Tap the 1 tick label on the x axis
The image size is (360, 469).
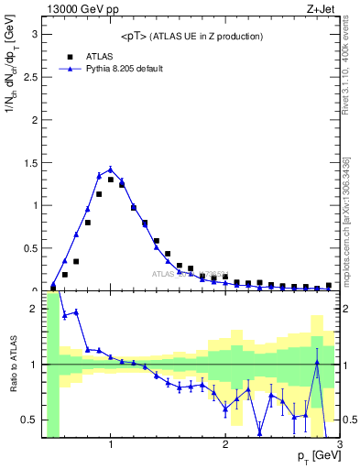(x=111, y=445)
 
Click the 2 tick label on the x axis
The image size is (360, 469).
(x=225, y=445)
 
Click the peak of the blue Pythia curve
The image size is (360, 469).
(x=110, y=169)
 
